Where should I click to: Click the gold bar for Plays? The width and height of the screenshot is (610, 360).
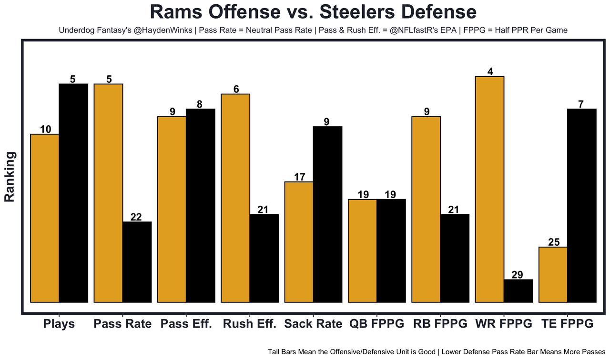[45, 218]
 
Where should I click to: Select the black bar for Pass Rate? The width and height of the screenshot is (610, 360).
[137, 262]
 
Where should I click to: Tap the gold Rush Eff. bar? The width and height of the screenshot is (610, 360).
[235, 198]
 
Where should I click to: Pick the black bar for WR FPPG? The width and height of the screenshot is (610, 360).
[518, 290]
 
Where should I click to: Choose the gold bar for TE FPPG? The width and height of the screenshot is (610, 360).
[553, 274]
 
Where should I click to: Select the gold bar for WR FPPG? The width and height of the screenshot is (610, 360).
[490, 189]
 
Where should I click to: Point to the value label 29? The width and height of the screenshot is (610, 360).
[517, 275]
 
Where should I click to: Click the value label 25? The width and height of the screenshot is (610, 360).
[554, 242]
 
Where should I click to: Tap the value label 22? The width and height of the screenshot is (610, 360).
[136, 217]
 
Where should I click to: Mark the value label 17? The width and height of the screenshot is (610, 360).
[300, 177]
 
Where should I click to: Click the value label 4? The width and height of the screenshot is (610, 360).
[490, 71]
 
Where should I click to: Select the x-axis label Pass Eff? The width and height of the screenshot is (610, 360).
[186, 324]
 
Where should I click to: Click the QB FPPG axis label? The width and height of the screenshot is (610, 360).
[376, 324]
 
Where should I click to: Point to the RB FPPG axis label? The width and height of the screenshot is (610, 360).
[440, 324]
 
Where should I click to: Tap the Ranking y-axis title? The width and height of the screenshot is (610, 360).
[10, 177]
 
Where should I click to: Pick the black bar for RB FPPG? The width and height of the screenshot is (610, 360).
[455, 258]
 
